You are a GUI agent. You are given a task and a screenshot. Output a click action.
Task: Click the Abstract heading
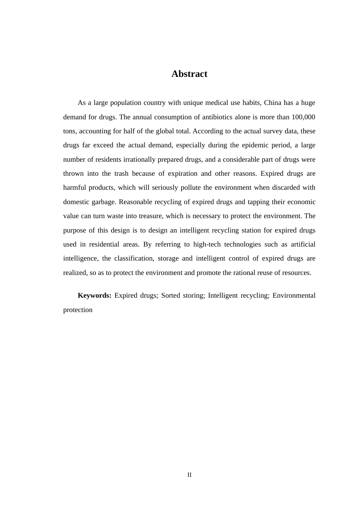tap(189, 74)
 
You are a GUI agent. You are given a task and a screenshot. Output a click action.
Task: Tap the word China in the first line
tap(272, 103)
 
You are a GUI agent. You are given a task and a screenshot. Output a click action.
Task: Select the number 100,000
tap(304, 117)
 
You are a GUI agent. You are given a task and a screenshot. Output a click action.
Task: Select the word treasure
tap(149, 216)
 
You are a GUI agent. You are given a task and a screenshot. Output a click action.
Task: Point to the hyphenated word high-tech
tap(207, 244)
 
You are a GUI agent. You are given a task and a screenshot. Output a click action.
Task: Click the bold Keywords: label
tap(94, 295)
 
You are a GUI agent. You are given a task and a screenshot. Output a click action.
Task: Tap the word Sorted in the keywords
tap(171, 295)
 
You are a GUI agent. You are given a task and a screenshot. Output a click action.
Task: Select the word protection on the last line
tap(78, 310)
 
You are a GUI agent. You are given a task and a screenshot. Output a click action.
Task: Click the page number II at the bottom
tap(189, 475)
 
